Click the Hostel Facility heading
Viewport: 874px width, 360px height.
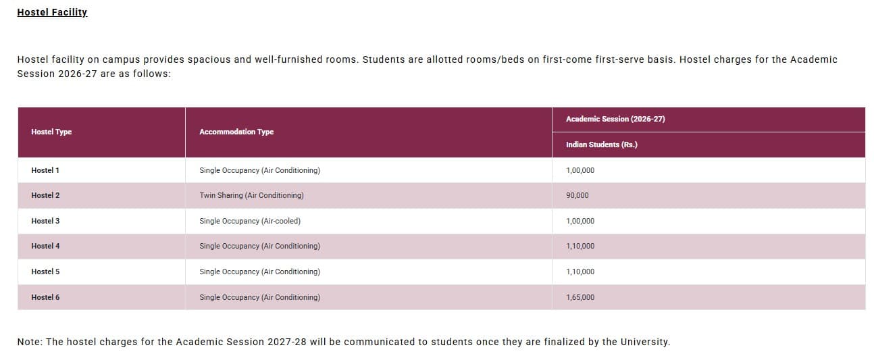(52, 12)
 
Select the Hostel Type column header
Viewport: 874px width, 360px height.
(51, 132)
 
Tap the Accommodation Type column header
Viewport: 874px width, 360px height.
(236, 132)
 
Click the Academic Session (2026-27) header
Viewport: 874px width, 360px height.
(615, 119)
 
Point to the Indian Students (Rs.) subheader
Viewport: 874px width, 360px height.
(601, 145)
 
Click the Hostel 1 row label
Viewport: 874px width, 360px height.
(45, 170)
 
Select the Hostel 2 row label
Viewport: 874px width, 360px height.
(45, 195)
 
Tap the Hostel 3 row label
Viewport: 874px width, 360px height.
(45, 221)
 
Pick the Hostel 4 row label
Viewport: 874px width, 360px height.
(45, 246)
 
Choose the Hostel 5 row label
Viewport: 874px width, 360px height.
(45, 272)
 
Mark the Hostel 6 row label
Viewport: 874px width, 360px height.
(45, 297)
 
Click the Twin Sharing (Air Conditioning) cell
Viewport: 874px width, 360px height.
(251, 195)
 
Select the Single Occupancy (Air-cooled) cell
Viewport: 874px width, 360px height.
(250, 221)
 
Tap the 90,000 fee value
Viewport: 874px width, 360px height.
(577, 195)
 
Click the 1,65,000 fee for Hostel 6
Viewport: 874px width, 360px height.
(580, 297)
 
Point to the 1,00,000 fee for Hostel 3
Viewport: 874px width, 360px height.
(580, 221)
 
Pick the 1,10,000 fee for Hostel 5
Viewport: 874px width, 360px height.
(580, 272)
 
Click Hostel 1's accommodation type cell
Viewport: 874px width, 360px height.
(259, 170)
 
